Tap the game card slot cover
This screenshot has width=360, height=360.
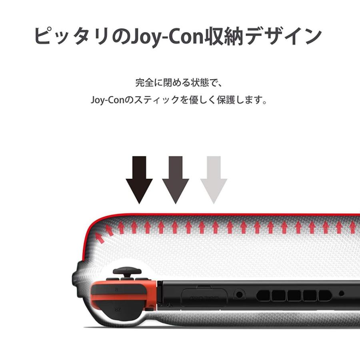[205, 298]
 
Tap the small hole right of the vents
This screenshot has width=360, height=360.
[341, 293]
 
